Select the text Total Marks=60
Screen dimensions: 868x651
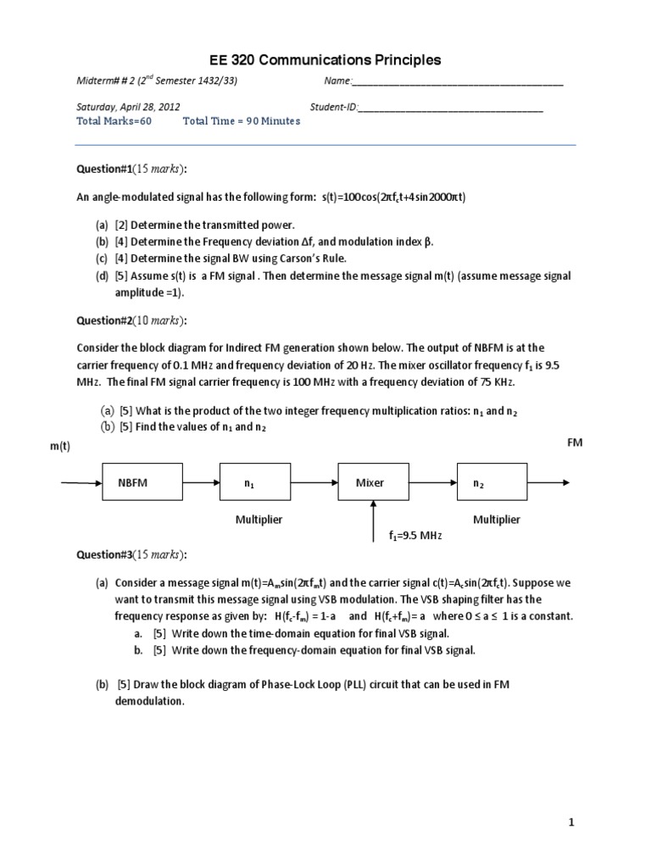point(114,121)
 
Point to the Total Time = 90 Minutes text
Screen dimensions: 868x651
point(242,121)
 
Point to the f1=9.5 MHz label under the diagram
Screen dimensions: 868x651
point(415,537)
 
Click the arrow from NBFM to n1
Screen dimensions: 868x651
point(202,484)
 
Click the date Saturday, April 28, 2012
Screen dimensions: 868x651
point(127,108)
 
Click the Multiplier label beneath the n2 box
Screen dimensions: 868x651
point(497,520)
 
